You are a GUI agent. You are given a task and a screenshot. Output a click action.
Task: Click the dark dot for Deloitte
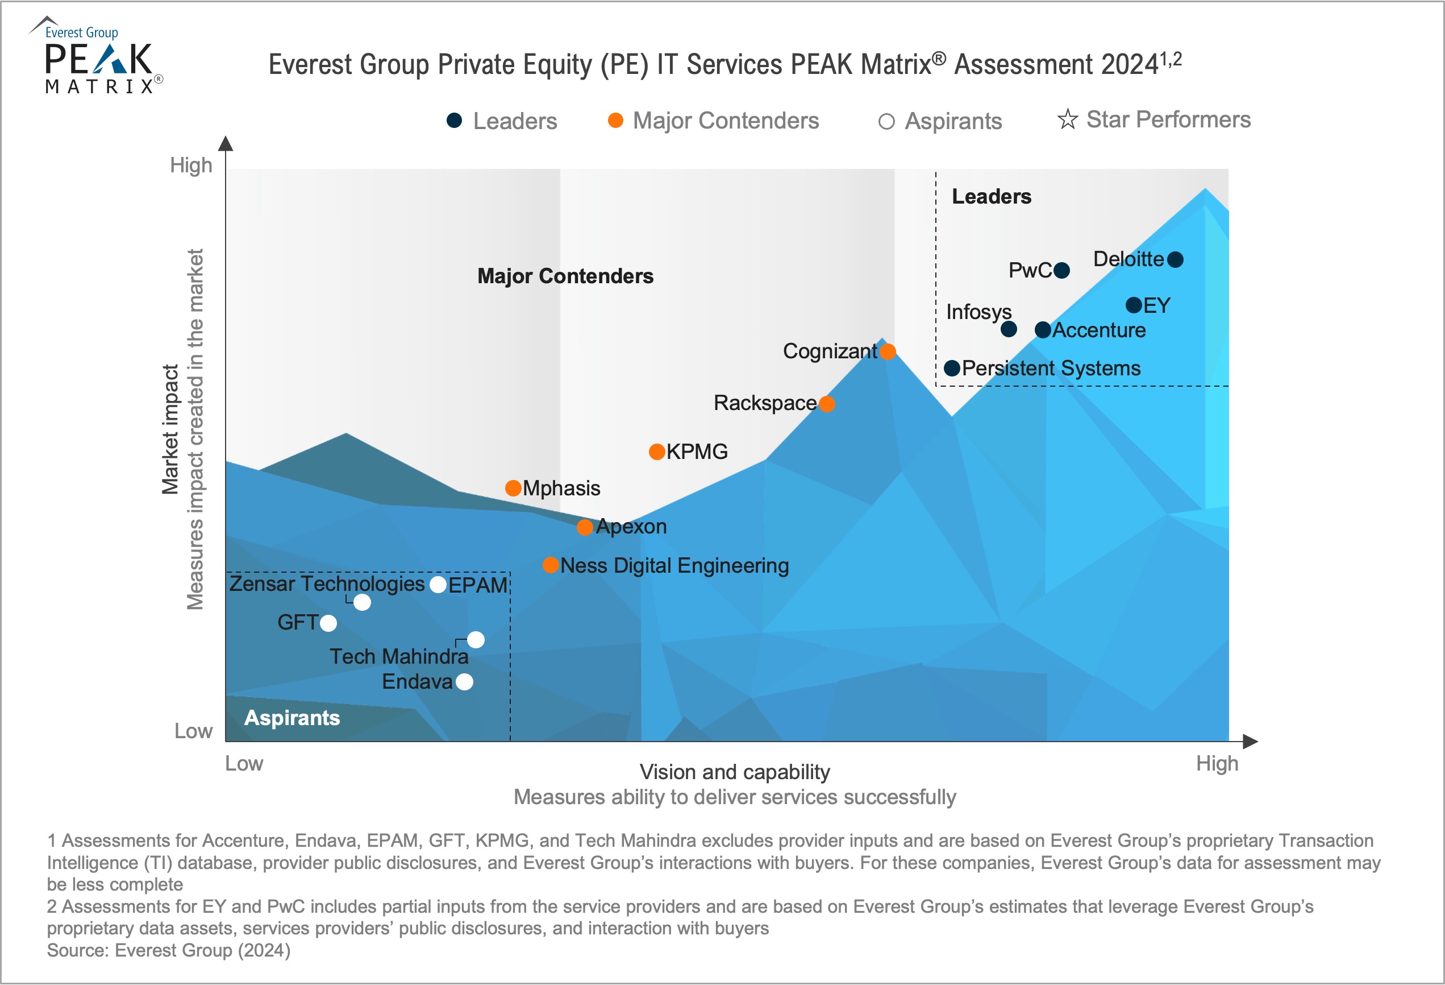pyautogui.click(x=1175, y=259)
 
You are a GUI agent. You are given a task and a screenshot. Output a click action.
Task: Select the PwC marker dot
pyautogui.click(x=1062, y=271)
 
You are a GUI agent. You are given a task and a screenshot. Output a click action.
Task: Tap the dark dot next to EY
pyautogui.click(x=1134, y=305)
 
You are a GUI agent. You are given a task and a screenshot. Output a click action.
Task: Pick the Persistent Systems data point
pyautogui.click(x=952, y=369)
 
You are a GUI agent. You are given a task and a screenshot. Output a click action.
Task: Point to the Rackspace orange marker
pyautogui.click(x=827, y=404)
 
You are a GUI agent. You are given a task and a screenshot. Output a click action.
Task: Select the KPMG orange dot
pyautogui.click(x=657, y=452)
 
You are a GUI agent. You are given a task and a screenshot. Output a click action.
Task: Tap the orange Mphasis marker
pyautogui.click(x=513, y=489)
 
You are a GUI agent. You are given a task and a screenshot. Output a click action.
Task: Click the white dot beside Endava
pyautogui.click(x=464, y=682)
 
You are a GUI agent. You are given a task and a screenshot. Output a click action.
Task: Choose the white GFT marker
pyautogui.click(x=328, y=623)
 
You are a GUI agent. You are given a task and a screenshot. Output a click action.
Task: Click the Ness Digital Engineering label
pyautogui.click(x=674, y=566)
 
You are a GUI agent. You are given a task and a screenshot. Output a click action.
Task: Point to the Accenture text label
pyautogui.click(x=1099, y=330)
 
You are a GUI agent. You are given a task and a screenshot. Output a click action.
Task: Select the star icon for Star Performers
pyautogui.click(x=1068, y=119)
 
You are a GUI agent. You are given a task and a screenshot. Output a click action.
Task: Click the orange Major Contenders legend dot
pyautogui.click(x=615, y=121)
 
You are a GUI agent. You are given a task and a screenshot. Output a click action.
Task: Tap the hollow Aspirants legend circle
pyautogui.click(x=886, y=122)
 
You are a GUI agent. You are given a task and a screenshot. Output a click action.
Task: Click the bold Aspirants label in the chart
pyautogui.click(x=292, y=718)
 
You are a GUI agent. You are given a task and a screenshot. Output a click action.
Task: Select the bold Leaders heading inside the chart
pyautogui.click(x=992, y=197)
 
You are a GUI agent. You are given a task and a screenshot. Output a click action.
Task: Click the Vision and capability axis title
pyautogui.click(x=735, y=772)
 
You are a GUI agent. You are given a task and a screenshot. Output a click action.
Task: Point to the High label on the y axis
pyautogui.click(x=191, y=165)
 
